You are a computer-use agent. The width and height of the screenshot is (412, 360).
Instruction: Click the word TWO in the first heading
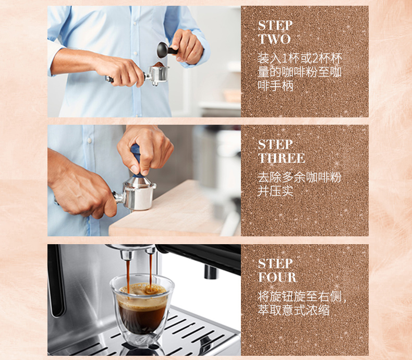click(x=274, y=39)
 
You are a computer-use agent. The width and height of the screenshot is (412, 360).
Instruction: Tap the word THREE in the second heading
click(x=282, y=158)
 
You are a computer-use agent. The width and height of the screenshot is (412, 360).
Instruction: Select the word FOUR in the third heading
click(x=277, y=277)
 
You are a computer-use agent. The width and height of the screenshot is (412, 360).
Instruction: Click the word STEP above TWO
click(x=275, y=26)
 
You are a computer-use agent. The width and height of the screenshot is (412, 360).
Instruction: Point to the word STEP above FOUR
click(x=275, y=263)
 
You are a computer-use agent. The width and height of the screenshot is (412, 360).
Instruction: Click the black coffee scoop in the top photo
click(x=166, y=50)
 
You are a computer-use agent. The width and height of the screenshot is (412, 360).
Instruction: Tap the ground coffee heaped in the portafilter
click(x=159, y=65)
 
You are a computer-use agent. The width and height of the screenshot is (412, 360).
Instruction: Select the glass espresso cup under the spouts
click(x=142, y=310)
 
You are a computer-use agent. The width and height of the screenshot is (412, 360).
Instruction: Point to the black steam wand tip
click(x=211, y=272)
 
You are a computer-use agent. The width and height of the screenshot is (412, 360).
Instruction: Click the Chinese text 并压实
click(x=275, y=191)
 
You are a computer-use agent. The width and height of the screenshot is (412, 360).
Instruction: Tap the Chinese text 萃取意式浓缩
click(x=294, y=310)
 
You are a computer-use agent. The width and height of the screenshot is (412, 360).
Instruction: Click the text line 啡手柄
click(x=275, y=86)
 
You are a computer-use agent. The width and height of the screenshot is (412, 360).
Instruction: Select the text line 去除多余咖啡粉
click(x=299, y=177)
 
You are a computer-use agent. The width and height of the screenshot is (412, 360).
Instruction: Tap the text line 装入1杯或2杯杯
click(x=300, y=58)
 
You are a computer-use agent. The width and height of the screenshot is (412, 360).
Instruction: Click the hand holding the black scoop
click(x=187, y=47)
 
